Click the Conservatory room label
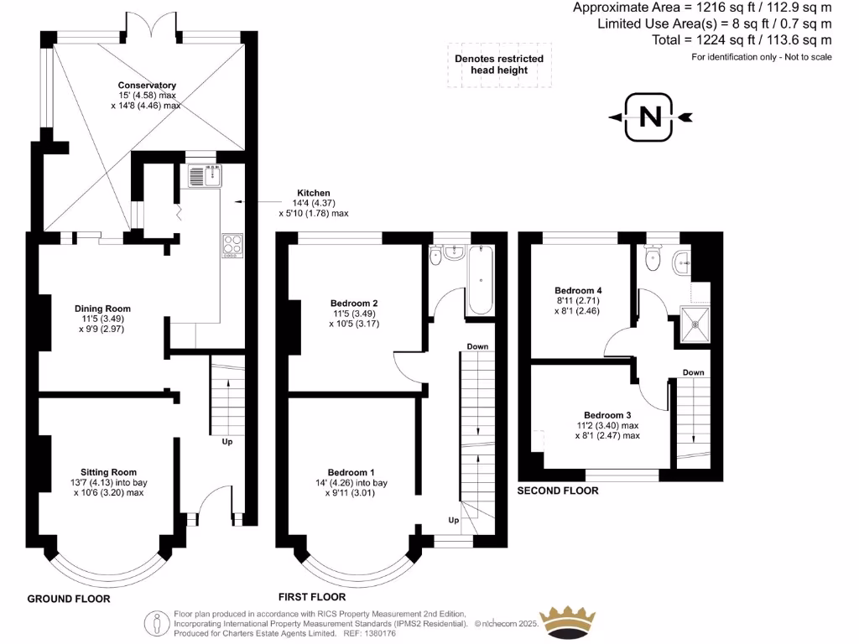pyautogui.click(x=147, y=86)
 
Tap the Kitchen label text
pyautogui.click(x=311, y=193)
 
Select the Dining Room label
pyautogui.click(x=106, y=309)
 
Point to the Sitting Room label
pyautogui.click(x=108, y=472)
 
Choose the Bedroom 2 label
pyautogui.click(x=353, y=303)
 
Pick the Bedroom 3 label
pyautogui.click(x=607, y=415)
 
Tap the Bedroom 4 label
pyautogui.click(x=579, y=291)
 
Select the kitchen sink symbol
pyautogui.click(x=206, y=176)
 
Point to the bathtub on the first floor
pyautogui.click(x=482, y=280)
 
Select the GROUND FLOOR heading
pyautogui.click(x=69, y=599)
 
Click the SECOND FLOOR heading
pyautogui.click(x=558, y=491)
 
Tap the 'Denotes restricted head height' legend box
pyautogui.click(x=499, y=65)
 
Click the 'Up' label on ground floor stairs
pyautogui.click(x=226, y=441)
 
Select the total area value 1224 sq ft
pyautogui.click(x=742, y=39)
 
